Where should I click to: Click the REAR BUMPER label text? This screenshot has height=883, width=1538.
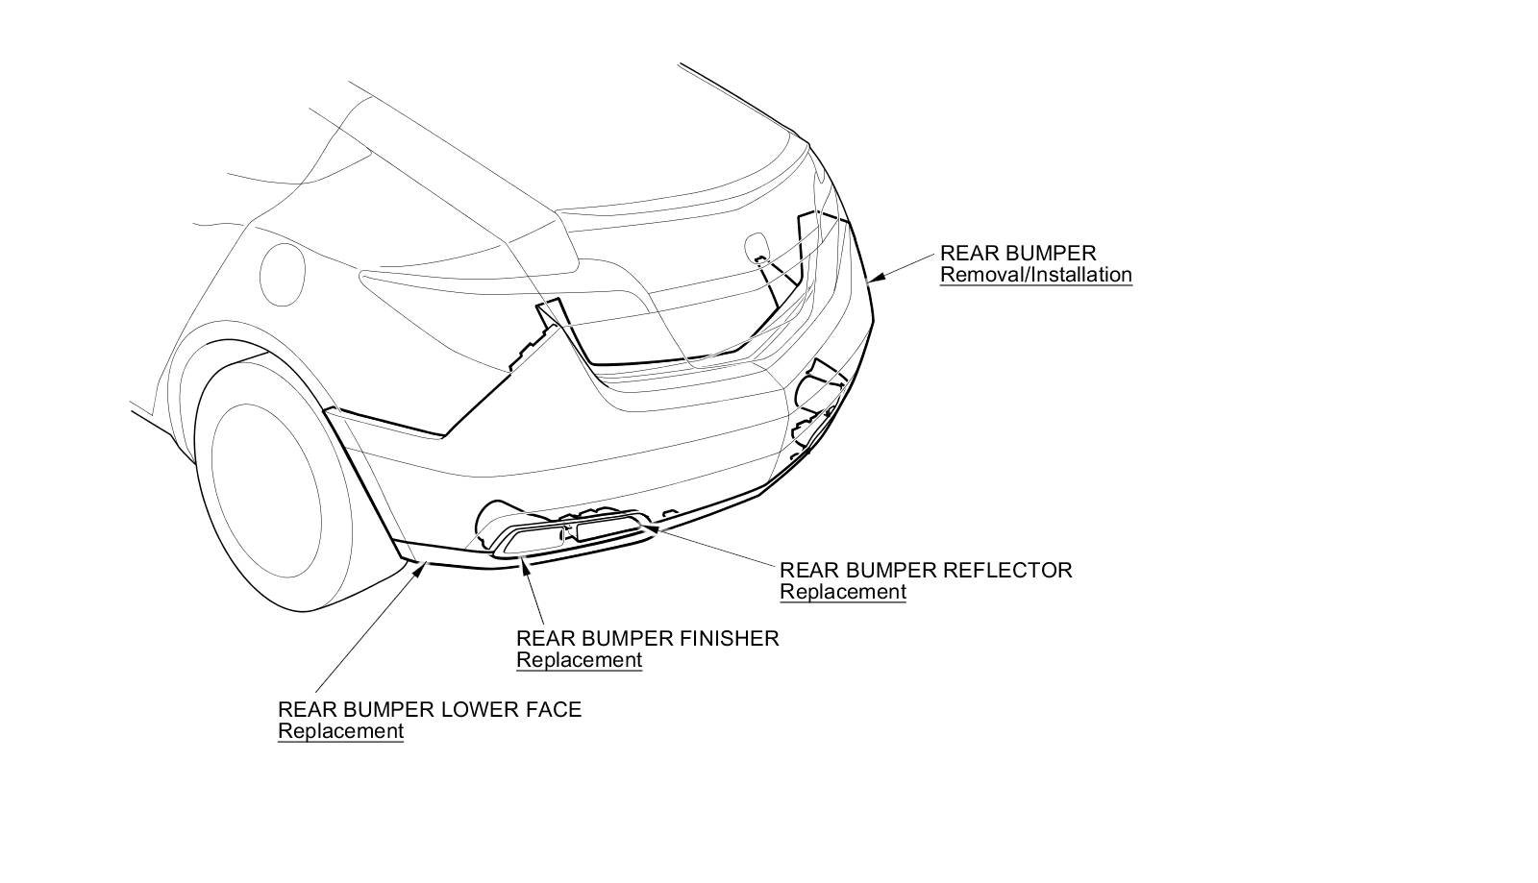point(1017,254)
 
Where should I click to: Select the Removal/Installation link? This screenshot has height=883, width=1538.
point(1035,275)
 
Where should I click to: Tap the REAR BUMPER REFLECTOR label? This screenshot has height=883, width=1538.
point(925,570)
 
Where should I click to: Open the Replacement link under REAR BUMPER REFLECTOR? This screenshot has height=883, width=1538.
point(842,592)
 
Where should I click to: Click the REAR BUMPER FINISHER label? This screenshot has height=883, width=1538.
point(647,638)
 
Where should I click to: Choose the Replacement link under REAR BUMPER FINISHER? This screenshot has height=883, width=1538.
point(579,660)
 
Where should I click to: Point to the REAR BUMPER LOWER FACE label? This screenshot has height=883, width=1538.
point(429,710)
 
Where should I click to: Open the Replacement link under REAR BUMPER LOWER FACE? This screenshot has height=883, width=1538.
point(340,731)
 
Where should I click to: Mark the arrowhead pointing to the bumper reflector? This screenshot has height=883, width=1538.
point(643,526)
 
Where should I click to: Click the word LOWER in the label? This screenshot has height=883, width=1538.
point(474,710)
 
